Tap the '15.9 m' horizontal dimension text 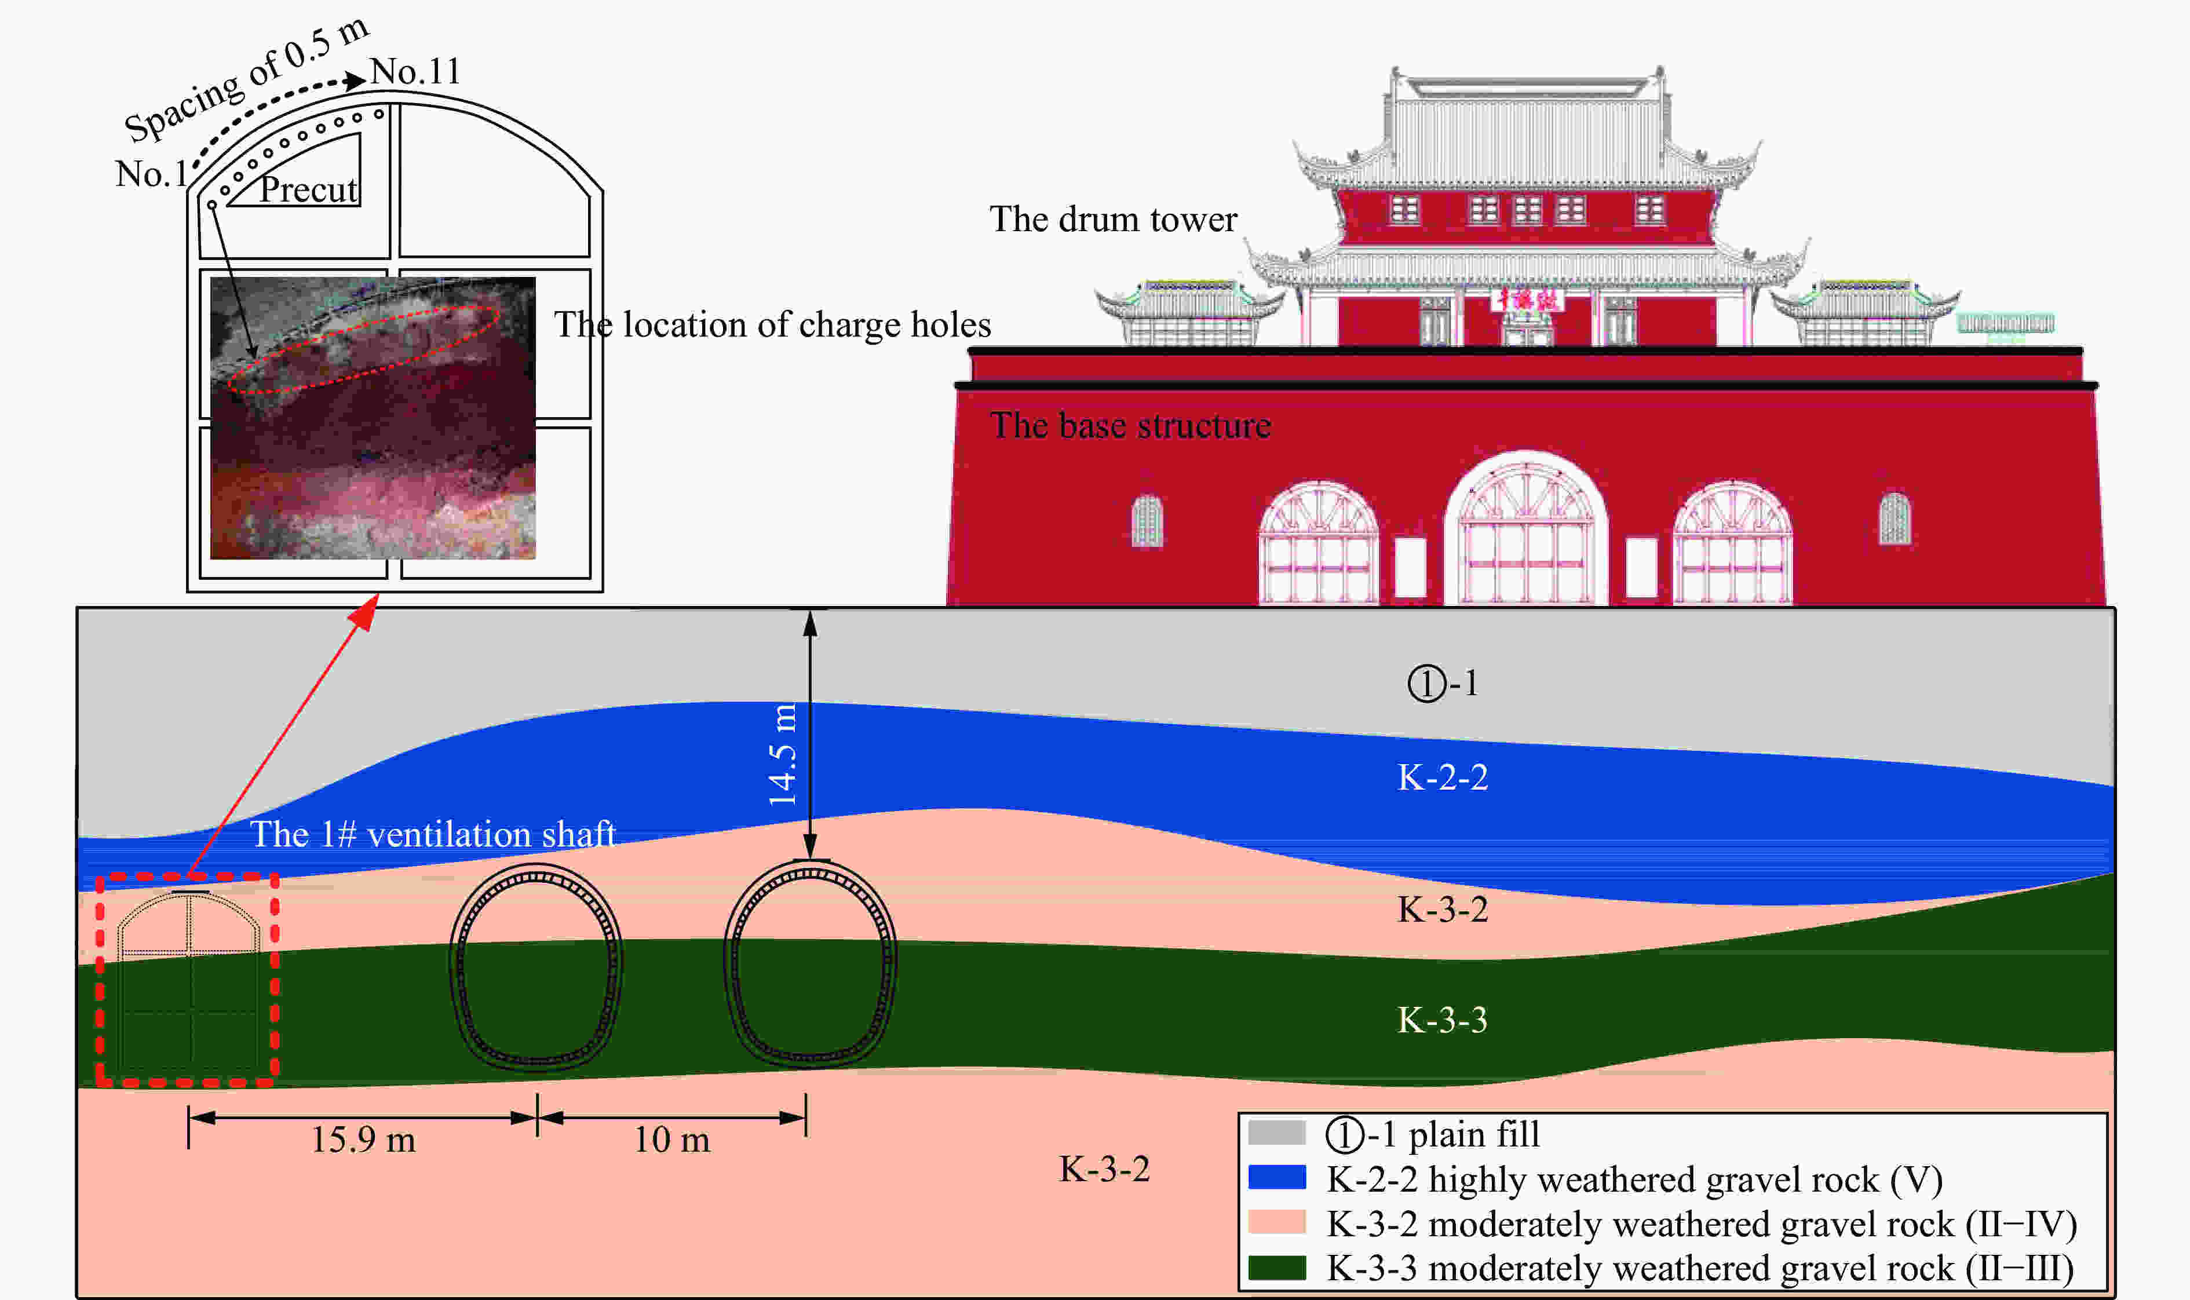point(363,1140)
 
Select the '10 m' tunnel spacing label point(672,1140)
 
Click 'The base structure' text point(1130,426)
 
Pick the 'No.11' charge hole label point(415,71)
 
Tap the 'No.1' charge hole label point(151,173)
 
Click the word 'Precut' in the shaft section point(308,189)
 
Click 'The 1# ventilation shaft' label point(433,834)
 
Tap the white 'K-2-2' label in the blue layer point(1442,777)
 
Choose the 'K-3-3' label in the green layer point(1442,1020)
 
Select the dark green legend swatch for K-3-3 point(1276,1268)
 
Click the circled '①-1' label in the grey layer point(1443,683)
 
